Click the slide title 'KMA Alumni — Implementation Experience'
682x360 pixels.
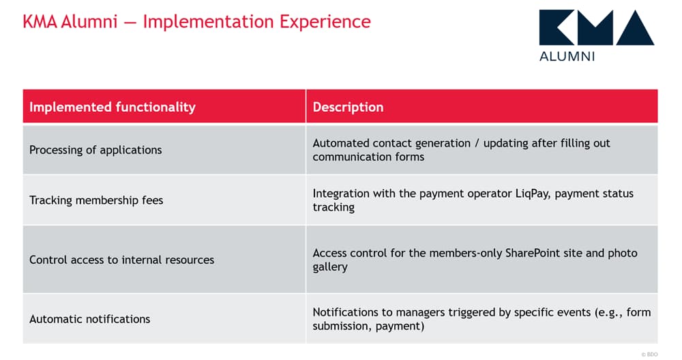(196, 22)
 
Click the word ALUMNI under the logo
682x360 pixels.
(567, 57)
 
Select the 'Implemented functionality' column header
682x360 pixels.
(113, 107)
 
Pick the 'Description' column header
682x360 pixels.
(348, 107)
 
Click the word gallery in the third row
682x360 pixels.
(330, 267)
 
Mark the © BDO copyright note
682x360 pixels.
(649, 355)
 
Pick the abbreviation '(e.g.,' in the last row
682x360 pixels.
(608, 312)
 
